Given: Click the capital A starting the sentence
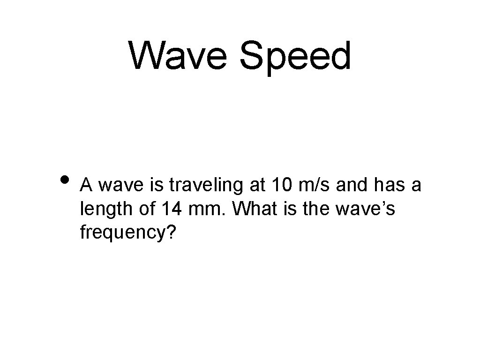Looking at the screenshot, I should click(x=86, y=185).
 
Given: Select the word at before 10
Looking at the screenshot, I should click(x=256, y=185).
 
